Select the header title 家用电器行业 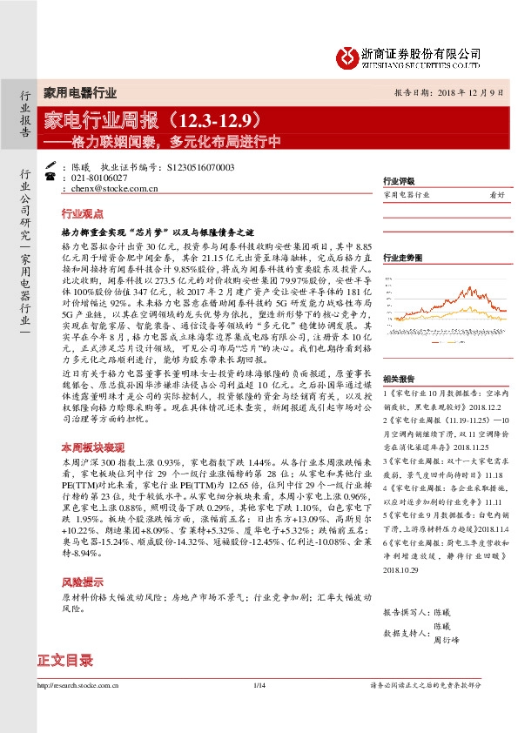tap(79, 91)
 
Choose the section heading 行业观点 tap(83, 213)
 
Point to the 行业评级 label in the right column tap(400, 182)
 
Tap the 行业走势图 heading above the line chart tap(403, 258)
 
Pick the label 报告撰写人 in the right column tap(405, 612)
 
